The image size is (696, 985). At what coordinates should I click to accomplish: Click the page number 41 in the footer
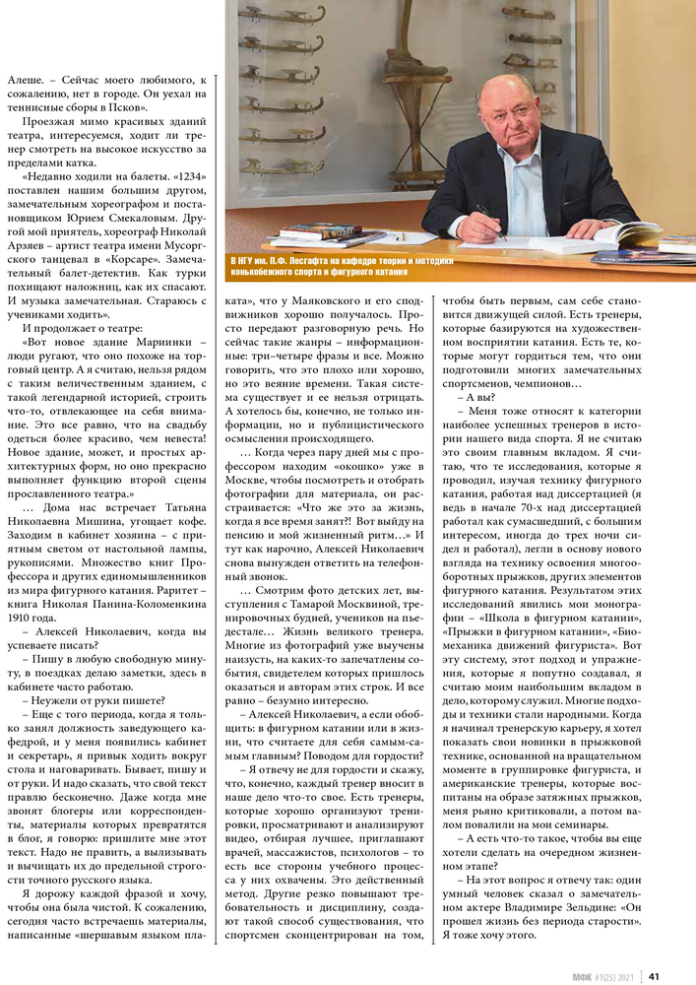[653, 976]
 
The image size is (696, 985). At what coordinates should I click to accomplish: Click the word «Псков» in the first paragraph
[128, 106]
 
